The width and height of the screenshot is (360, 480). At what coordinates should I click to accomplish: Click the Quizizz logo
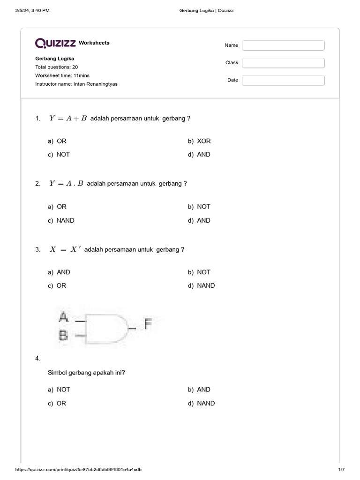[55, 43]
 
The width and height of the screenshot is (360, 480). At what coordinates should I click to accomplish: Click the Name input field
[283, 45]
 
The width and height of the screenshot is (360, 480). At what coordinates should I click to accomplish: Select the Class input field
[283, 63]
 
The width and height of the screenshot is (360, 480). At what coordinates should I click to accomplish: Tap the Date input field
[283, 80]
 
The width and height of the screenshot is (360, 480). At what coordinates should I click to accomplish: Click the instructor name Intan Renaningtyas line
[76, 84]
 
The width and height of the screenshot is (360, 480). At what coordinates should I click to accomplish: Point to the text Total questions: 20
[56, 67]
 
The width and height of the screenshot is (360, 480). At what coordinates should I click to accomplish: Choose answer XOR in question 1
[204, 141]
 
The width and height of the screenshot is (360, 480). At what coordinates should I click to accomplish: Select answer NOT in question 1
[63, 154]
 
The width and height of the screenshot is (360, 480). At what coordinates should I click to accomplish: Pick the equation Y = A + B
[68, 118]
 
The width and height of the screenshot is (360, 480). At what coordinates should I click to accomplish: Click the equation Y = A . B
[66, 183]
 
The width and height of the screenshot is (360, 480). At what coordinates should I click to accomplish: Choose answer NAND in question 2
[65, 220]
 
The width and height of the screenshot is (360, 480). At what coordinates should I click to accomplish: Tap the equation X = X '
[65, 249]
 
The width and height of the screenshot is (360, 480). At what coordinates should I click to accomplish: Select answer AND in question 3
[63, 272]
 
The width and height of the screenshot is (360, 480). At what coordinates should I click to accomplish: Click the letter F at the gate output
[148, 323]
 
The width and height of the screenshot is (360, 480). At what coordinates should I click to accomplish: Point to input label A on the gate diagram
[63, 318]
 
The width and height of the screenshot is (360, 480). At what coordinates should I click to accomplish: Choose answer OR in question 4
[61, 403]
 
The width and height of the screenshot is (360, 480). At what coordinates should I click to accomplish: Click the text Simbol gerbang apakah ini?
[86, 373]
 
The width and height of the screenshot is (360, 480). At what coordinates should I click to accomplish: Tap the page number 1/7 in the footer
[341, 469]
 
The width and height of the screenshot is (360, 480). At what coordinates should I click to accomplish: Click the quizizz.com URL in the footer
[79, 469]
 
